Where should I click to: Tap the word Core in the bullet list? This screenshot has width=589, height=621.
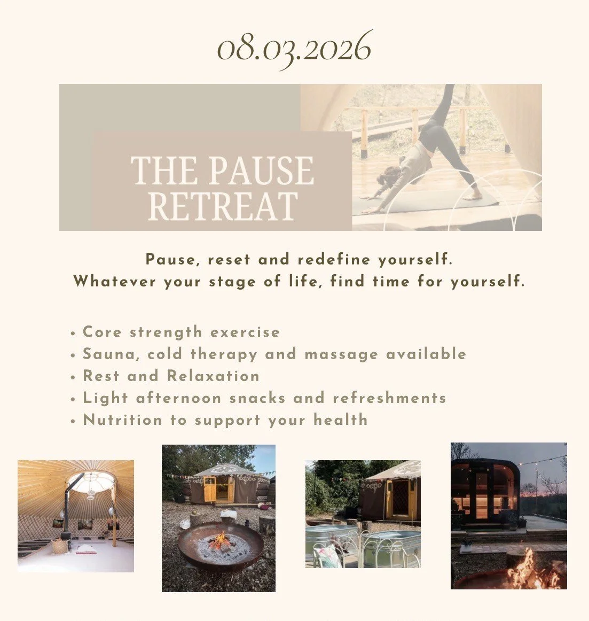pyautogui.click(x=102, y=332)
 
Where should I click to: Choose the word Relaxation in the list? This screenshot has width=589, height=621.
pyautogui.click(x=214, y=376)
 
